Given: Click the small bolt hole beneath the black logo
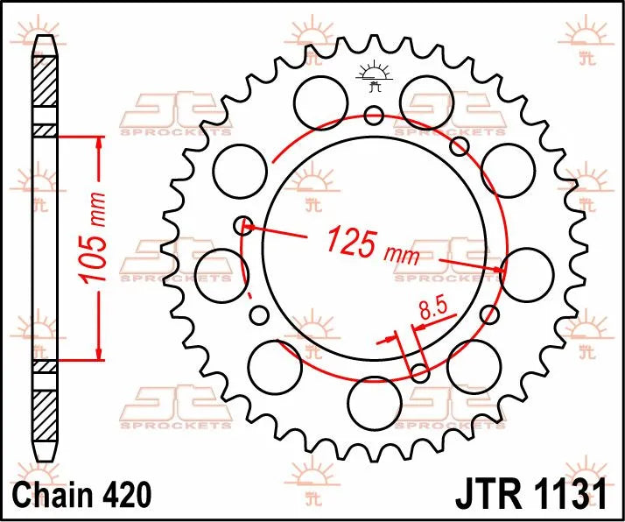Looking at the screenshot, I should click(x=374, y=114).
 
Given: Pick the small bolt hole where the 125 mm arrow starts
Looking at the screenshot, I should click(x=244, y=226).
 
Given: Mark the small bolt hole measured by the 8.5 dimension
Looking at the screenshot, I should click(x=419, y=374).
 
